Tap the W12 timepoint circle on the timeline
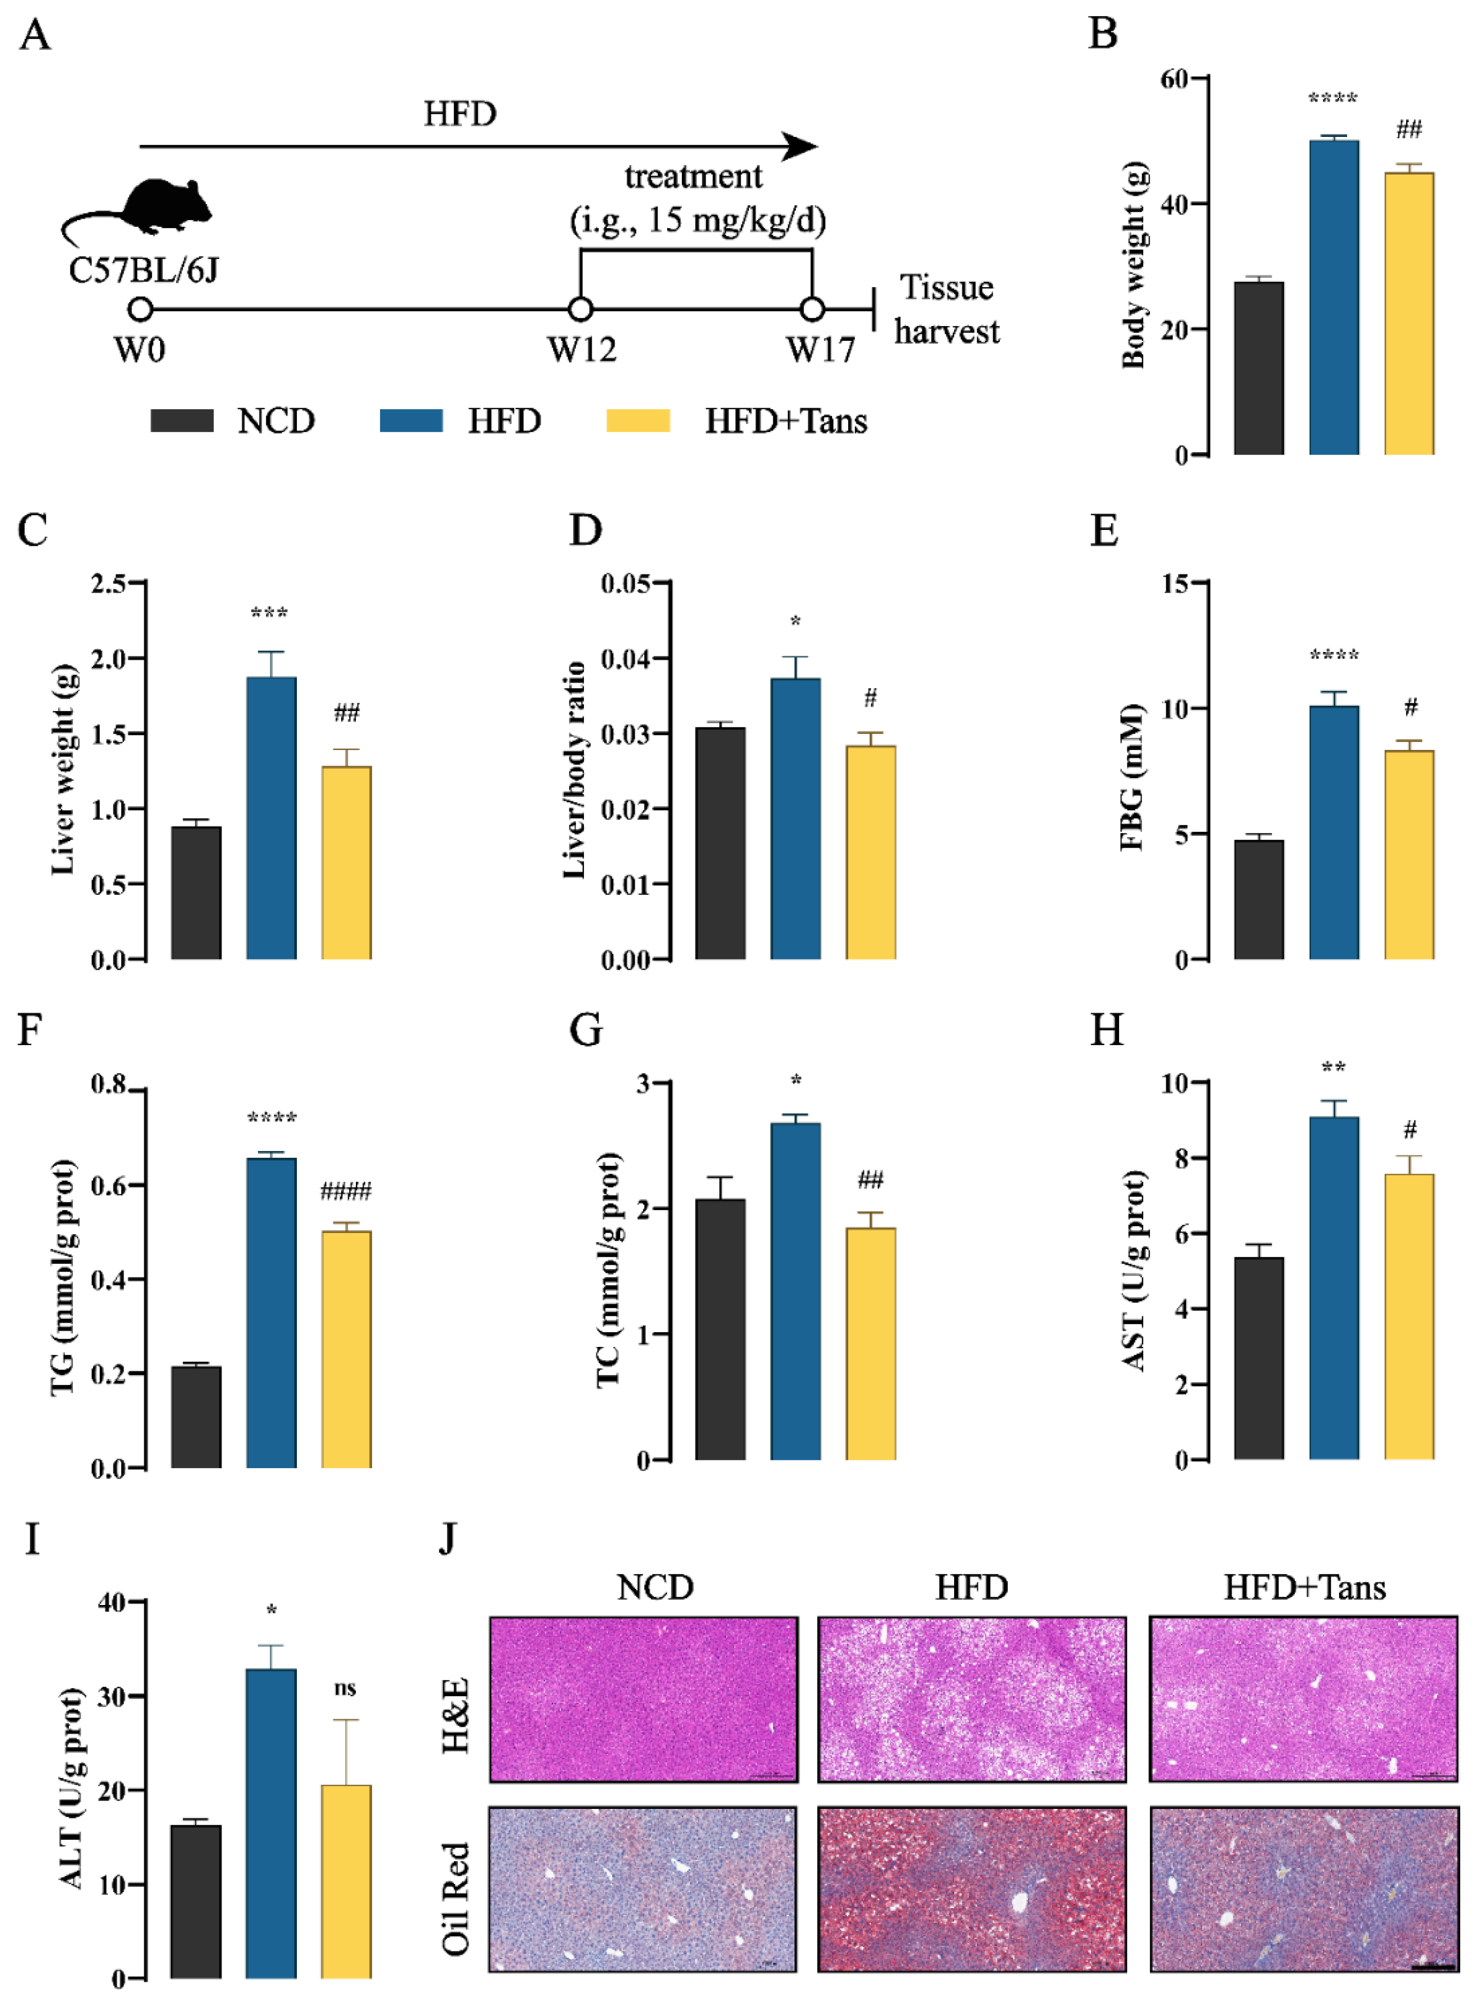[x=581, y=310]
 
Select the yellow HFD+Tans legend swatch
[x=638, y=421]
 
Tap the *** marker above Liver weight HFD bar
[x=269, y=613]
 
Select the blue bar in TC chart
[x=795, y=1290]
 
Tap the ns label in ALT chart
[x=345, y=1688]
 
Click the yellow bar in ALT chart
[x=346, y=1881]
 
